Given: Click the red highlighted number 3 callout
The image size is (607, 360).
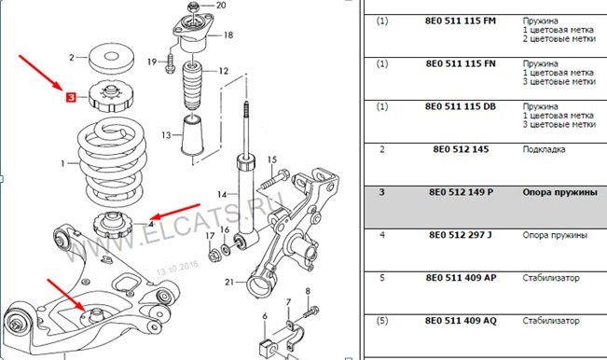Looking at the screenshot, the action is tap(71, 97).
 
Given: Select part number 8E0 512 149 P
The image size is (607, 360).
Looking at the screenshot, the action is tap(461, 192).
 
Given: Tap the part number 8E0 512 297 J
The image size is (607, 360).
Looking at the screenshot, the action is tap(460, 235).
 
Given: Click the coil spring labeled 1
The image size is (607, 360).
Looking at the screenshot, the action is tap(112, 161).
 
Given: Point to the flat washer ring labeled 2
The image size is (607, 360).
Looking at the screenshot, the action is tap(112, 58).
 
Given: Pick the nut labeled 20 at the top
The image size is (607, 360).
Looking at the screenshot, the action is tap(193, 7).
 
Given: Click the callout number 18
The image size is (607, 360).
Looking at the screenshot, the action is tap(228, 35).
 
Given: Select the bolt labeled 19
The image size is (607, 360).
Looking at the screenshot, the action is tap(170, 63).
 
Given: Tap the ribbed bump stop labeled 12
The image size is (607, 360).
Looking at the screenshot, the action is tap(193, 87).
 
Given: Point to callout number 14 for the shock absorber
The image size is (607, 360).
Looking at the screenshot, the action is tap(222, 194).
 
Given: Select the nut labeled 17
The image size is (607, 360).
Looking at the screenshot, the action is tap(214, 256).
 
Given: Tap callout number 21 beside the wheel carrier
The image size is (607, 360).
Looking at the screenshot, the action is tap(229, 282).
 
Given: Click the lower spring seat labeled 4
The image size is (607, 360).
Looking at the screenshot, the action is tap(113, 225).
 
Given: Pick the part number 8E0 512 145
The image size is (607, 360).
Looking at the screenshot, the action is tap(461, 149).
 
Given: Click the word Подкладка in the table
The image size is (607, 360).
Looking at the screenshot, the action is tap(544, 149).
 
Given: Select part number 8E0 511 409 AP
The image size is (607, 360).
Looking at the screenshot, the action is tap(461, 278).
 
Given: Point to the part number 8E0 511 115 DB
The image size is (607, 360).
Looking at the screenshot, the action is tap(461, 106).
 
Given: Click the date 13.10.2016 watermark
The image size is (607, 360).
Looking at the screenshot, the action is tap(177, 267).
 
